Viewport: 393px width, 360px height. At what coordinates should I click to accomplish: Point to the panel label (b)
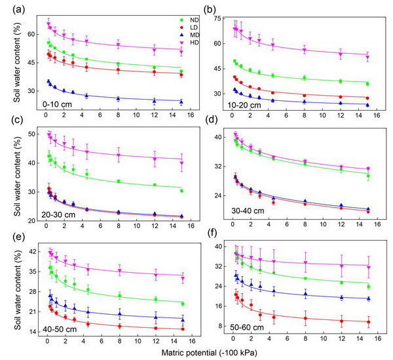(x=204, y=9)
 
